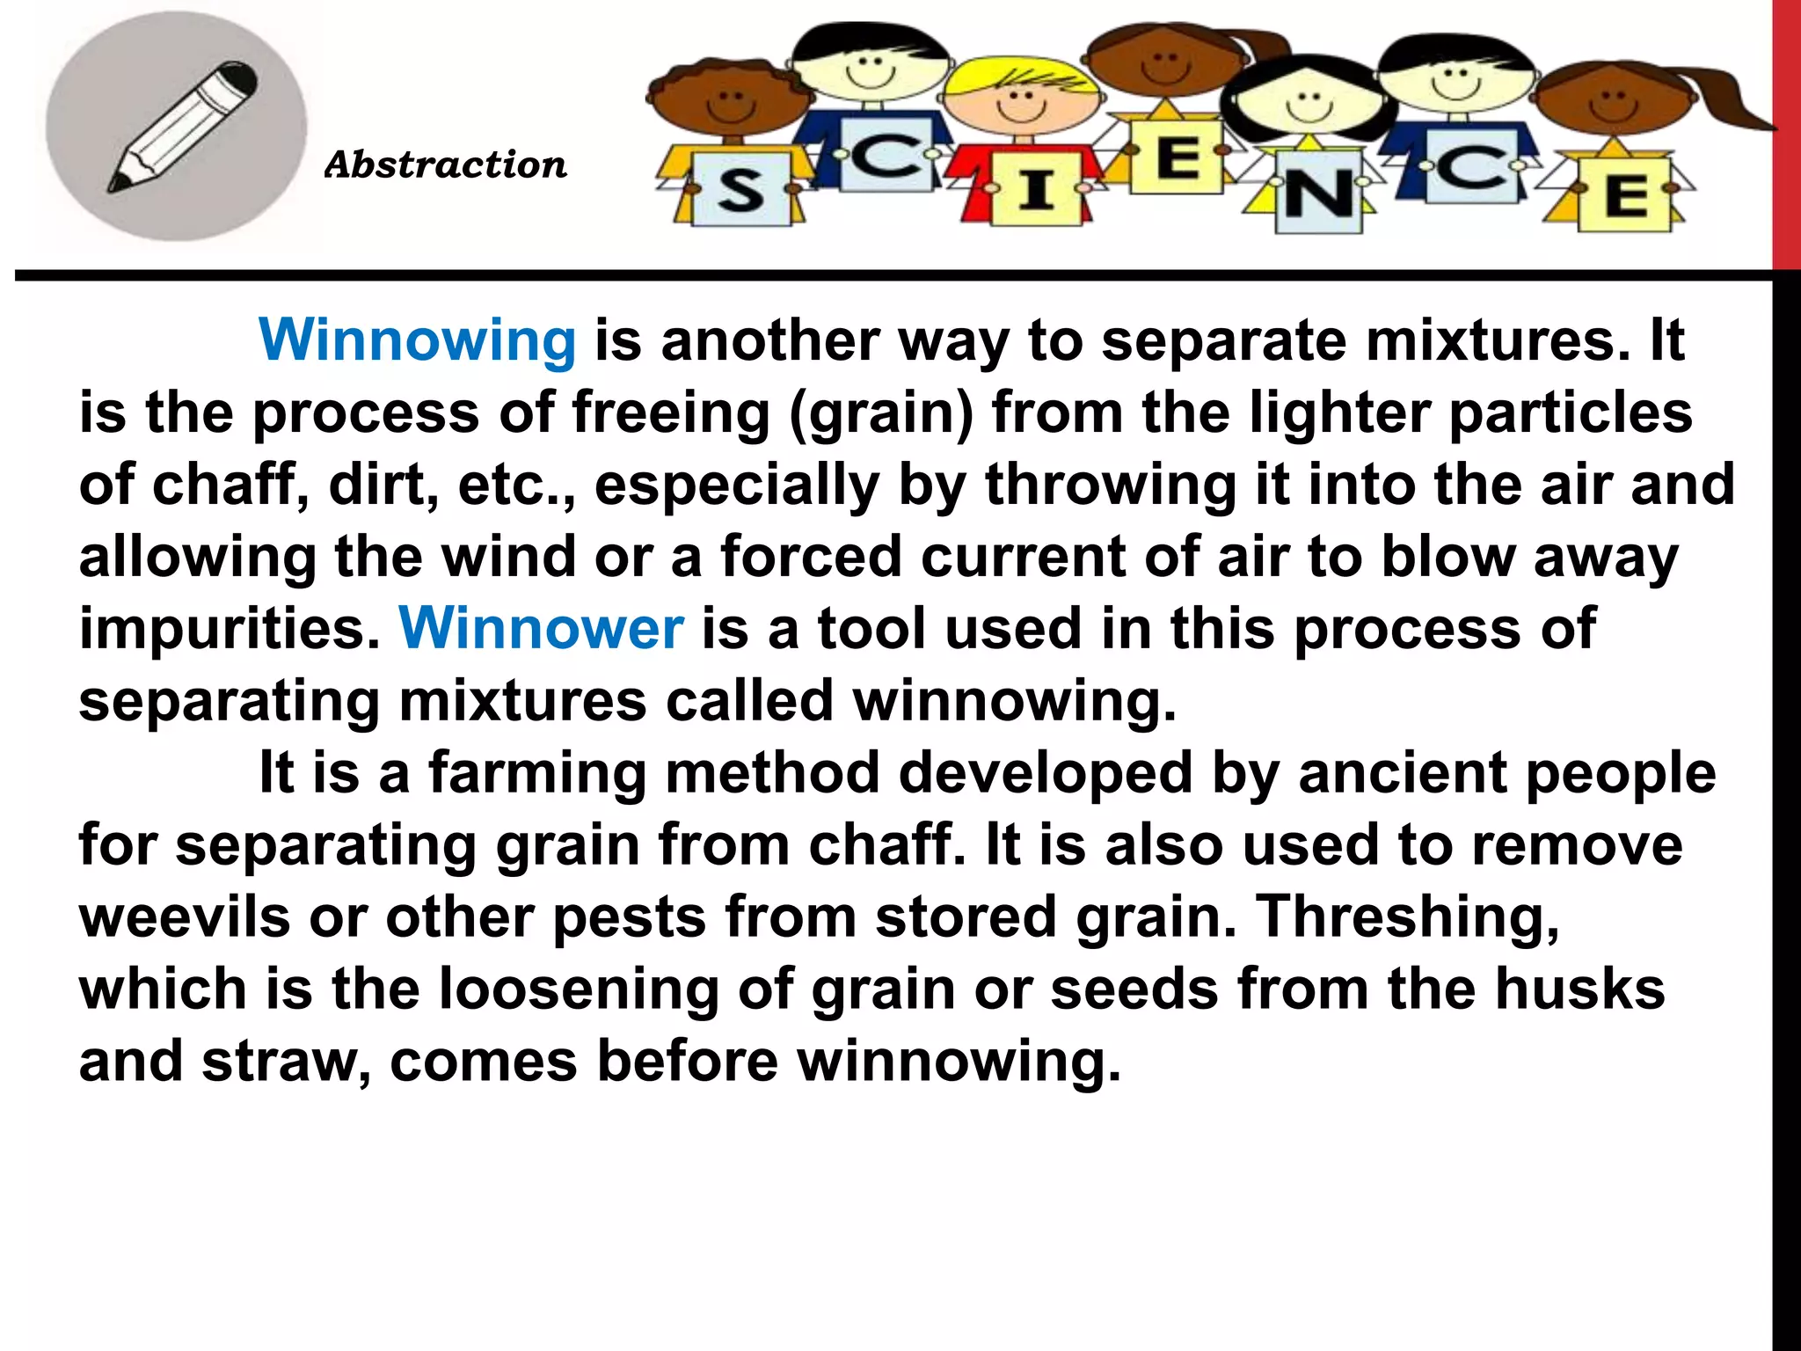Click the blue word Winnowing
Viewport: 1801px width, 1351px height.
click(x=417, y=340)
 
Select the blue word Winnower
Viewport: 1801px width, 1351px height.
click(x=541, y=629)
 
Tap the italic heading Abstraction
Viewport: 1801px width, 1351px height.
click(x=446, y=164)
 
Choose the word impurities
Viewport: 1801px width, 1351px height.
click(x=230, y=629)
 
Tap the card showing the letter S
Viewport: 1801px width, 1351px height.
click(x=740, y=190)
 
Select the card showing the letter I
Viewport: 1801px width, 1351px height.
click(x=1036, y=188)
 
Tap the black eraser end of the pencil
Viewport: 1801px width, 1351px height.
click(x=239, y=77)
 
